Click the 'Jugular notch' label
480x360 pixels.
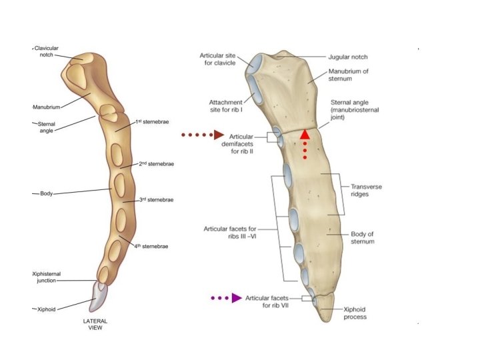coord(348,57)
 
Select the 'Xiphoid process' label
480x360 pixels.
coord(354,313)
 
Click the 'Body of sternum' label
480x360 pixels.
coord(363,237)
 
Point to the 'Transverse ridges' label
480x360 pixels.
coord(366,191)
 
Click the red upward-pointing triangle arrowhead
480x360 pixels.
coord(305,134)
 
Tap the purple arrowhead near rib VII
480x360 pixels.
coord(236,298)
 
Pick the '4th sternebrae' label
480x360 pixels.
coord(151,247)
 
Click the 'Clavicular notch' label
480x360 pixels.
coord(46,52)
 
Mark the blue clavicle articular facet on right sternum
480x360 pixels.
coord(255,63)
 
